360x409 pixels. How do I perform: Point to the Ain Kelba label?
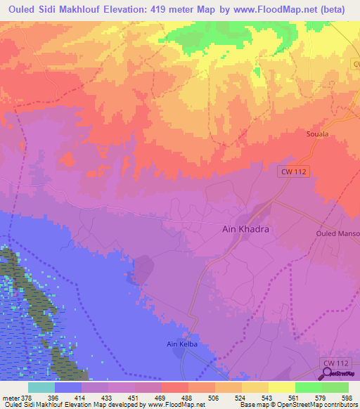click(x=179, y=344)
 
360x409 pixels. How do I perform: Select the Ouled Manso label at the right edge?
click(x=337, y=233)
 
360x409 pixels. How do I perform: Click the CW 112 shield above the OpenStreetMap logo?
click(x=337, y=362)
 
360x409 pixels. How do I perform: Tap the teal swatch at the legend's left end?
click(x=41, y=387)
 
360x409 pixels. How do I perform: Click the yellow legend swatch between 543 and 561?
click(x=281, y=387)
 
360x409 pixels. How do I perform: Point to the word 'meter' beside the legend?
click(x=9, y=397)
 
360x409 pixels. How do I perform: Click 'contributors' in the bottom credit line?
click(x=339, y=405)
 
